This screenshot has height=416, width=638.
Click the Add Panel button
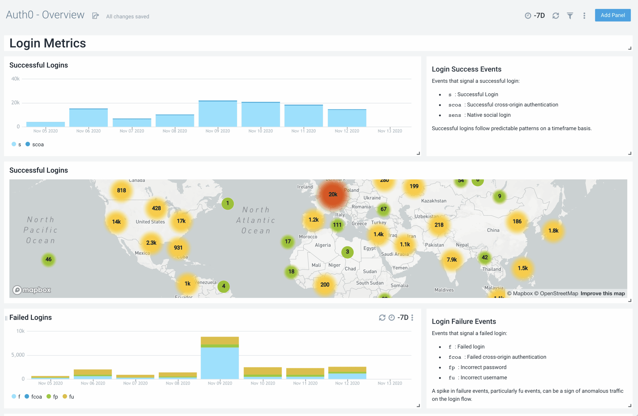[612, 15]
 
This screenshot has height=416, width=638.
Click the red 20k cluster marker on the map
[333, 195]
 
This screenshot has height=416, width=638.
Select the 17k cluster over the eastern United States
[181, 221]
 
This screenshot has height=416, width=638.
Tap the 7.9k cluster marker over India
[451, 260]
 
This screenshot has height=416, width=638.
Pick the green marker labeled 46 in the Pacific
[48, 259]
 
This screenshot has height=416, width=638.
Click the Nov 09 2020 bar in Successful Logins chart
[218, 114]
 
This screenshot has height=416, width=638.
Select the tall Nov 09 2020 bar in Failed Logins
[220, 359]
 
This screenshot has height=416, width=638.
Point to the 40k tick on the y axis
[15, 79]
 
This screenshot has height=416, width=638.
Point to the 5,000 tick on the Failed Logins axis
[18, 355]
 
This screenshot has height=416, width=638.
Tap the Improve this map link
[602, 294]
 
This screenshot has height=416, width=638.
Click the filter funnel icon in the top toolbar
[570, 15]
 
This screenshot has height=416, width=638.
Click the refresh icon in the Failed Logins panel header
[382, 317]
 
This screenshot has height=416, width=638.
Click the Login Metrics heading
[48, 43]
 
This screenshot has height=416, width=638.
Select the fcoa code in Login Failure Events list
[455, 357]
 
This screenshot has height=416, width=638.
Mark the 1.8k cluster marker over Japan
[553, 231]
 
